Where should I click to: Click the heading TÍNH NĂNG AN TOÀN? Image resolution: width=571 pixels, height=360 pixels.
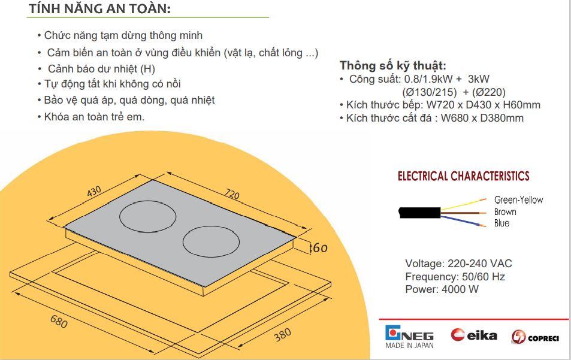coord(99,9)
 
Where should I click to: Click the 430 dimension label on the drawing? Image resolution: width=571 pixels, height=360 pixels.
coord(94,191)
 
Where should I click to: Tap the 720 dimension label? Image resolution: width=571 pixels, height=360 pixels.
coord(232,194)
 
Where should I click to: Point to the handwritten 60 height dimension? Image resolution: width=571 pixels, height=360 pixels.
coord(320,248)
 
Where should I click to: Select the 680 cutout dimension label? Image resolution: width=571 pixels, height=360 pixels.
coord(59,322)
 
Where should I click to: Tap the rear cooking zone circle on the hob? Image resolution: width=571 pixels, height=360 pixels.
coord(148,217)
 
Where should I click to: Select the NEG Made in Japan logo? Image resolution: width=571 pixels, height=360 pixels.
coord(410,337)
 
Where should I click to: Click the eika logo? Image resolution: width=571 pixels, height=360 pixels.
coord(474,335)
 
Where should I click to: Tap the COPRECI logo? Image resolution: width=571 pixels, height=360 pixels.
coord(535,337)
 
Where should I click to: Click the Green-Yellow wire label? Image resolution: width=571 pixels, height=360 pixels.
coord(518,200)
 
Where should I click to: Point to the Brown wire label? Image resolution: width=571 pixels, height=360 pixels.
coord(505,212)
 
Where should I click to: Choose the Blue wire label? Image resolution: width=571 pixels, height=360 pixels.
coord(501,223)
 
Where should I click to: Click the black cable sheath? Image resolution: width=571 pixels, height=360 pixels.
coord(419,213)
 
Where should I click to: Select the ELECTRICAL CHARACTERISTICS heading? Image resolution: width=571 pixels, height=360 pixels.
coord(463,176)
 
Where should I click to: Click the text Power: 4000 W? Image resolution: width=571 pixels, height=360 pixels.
coord(442,289)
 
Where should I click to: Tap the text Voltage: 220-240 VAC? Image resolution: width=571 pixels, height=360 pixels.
coord(458,264)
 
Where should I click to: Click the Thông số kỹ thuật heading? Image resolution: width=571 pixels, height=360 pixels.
coord(393,65)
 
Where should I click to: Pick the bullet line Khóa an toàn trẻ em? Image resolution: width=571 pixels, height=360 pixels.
coord(91,117)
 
